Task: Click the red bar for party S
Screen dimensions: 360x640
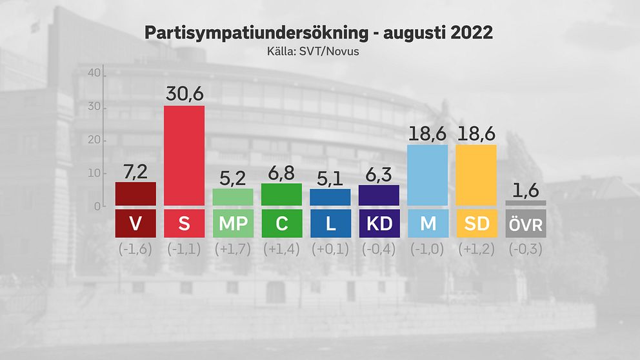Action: pyautogui.click(x=184, y=155)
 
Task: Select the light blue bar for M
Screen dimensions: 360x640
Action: pyautogui.click(x=427, y=175)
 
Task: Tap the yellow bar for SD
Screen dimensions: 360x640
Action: pyautogui.click(x=475, y=175)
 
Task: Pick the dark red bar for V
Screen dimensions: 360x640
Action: pyautogui.click(x=135, y=194)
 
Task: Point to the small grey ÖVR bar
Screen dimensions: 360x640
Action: pyautogui.click(x=525, y=203)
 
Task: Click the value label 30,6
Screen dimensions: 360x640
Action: pyautogui.click(x=184, y=94)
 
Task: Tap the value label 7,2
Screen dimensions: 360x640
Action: pyautogui.click(x=135, y=171)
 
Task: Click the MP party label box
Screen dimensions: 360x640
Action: pyautogui.click(x=233, y=223)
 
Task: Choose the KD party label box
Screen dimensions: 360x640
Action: pyautogui.click(x=379, y=223)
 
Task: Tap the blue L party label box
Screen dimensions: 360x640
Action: pyautogui.click(x=330, y=223)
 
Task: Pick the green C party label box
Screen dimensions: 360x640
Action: pyautogui.click(x=281, y=223)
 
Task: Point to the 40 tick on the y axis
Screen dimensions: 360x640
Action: pyautogui.click(x=94, y=74)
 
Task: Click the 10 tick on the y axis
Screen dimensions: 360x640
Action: pyautogui.click(x=94, y=173)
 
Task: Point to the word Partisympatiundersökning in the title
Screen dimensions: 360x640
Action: pyautogui.click(x=252, y=34)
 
